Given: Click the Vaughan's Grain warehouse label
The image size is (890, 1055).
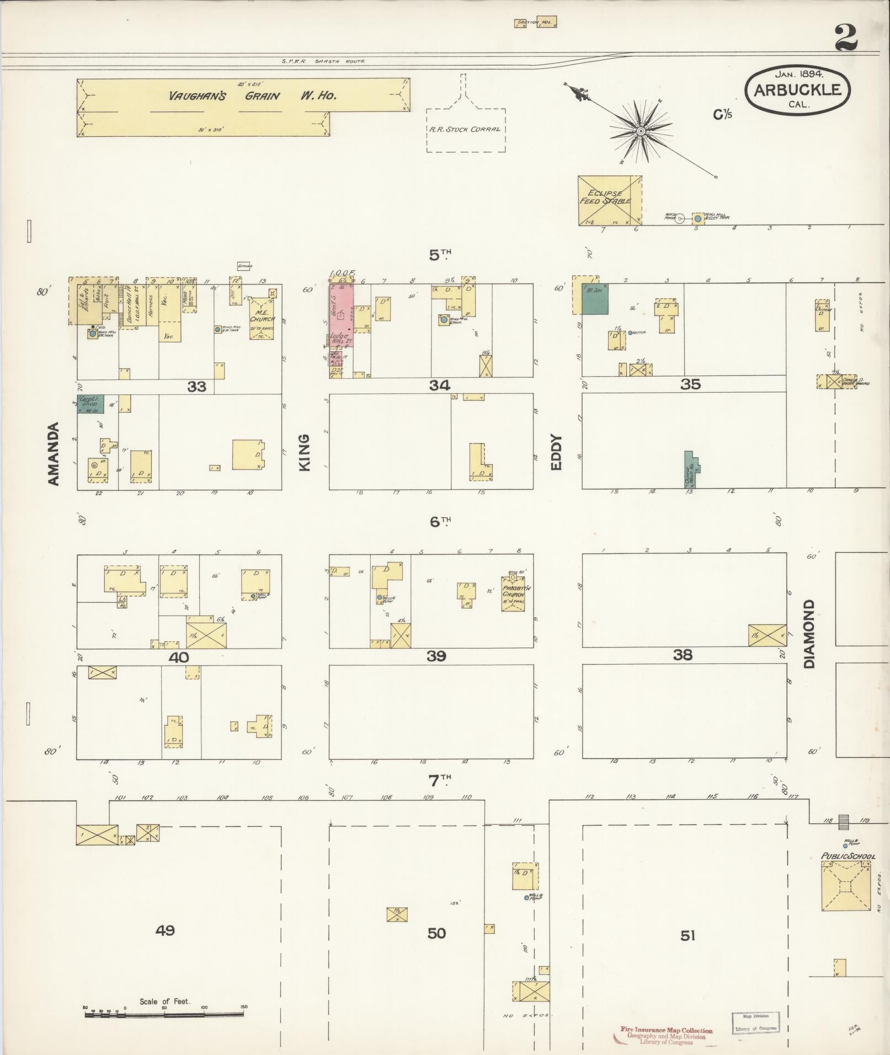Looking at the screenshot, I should point(253,95).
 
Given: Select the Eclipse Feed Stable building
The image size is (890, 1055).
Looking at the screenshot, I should point(609,200).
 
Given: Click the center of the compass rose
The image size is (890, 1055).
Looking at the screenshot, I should point(641,131).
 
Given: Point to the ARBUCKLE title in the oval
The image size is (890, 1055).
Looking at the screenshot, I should point(797,90).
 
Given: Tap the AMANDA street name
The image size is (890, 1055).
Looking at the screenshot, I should point(53,454).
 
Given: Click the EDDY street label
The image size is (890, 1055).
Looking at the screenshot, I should point(556,453).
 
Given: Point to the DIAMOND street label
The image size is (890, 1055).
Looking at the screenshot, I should point(809,634).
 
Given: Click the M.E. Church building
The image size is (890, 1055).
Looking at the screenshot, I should point(262,318).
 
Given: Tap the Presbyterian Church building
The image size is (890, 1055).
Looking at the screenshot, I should point(513,594).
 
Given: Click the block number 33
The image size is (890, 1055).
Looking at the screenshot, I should point(196,387).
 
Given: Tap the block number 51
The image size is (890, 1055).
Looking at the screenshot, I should point(688,935).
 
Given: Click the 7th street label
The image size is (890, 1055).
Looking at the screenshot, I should point(440,780).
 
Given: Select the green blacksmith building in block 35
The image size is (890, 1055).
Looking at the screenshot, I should point(595,299).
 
